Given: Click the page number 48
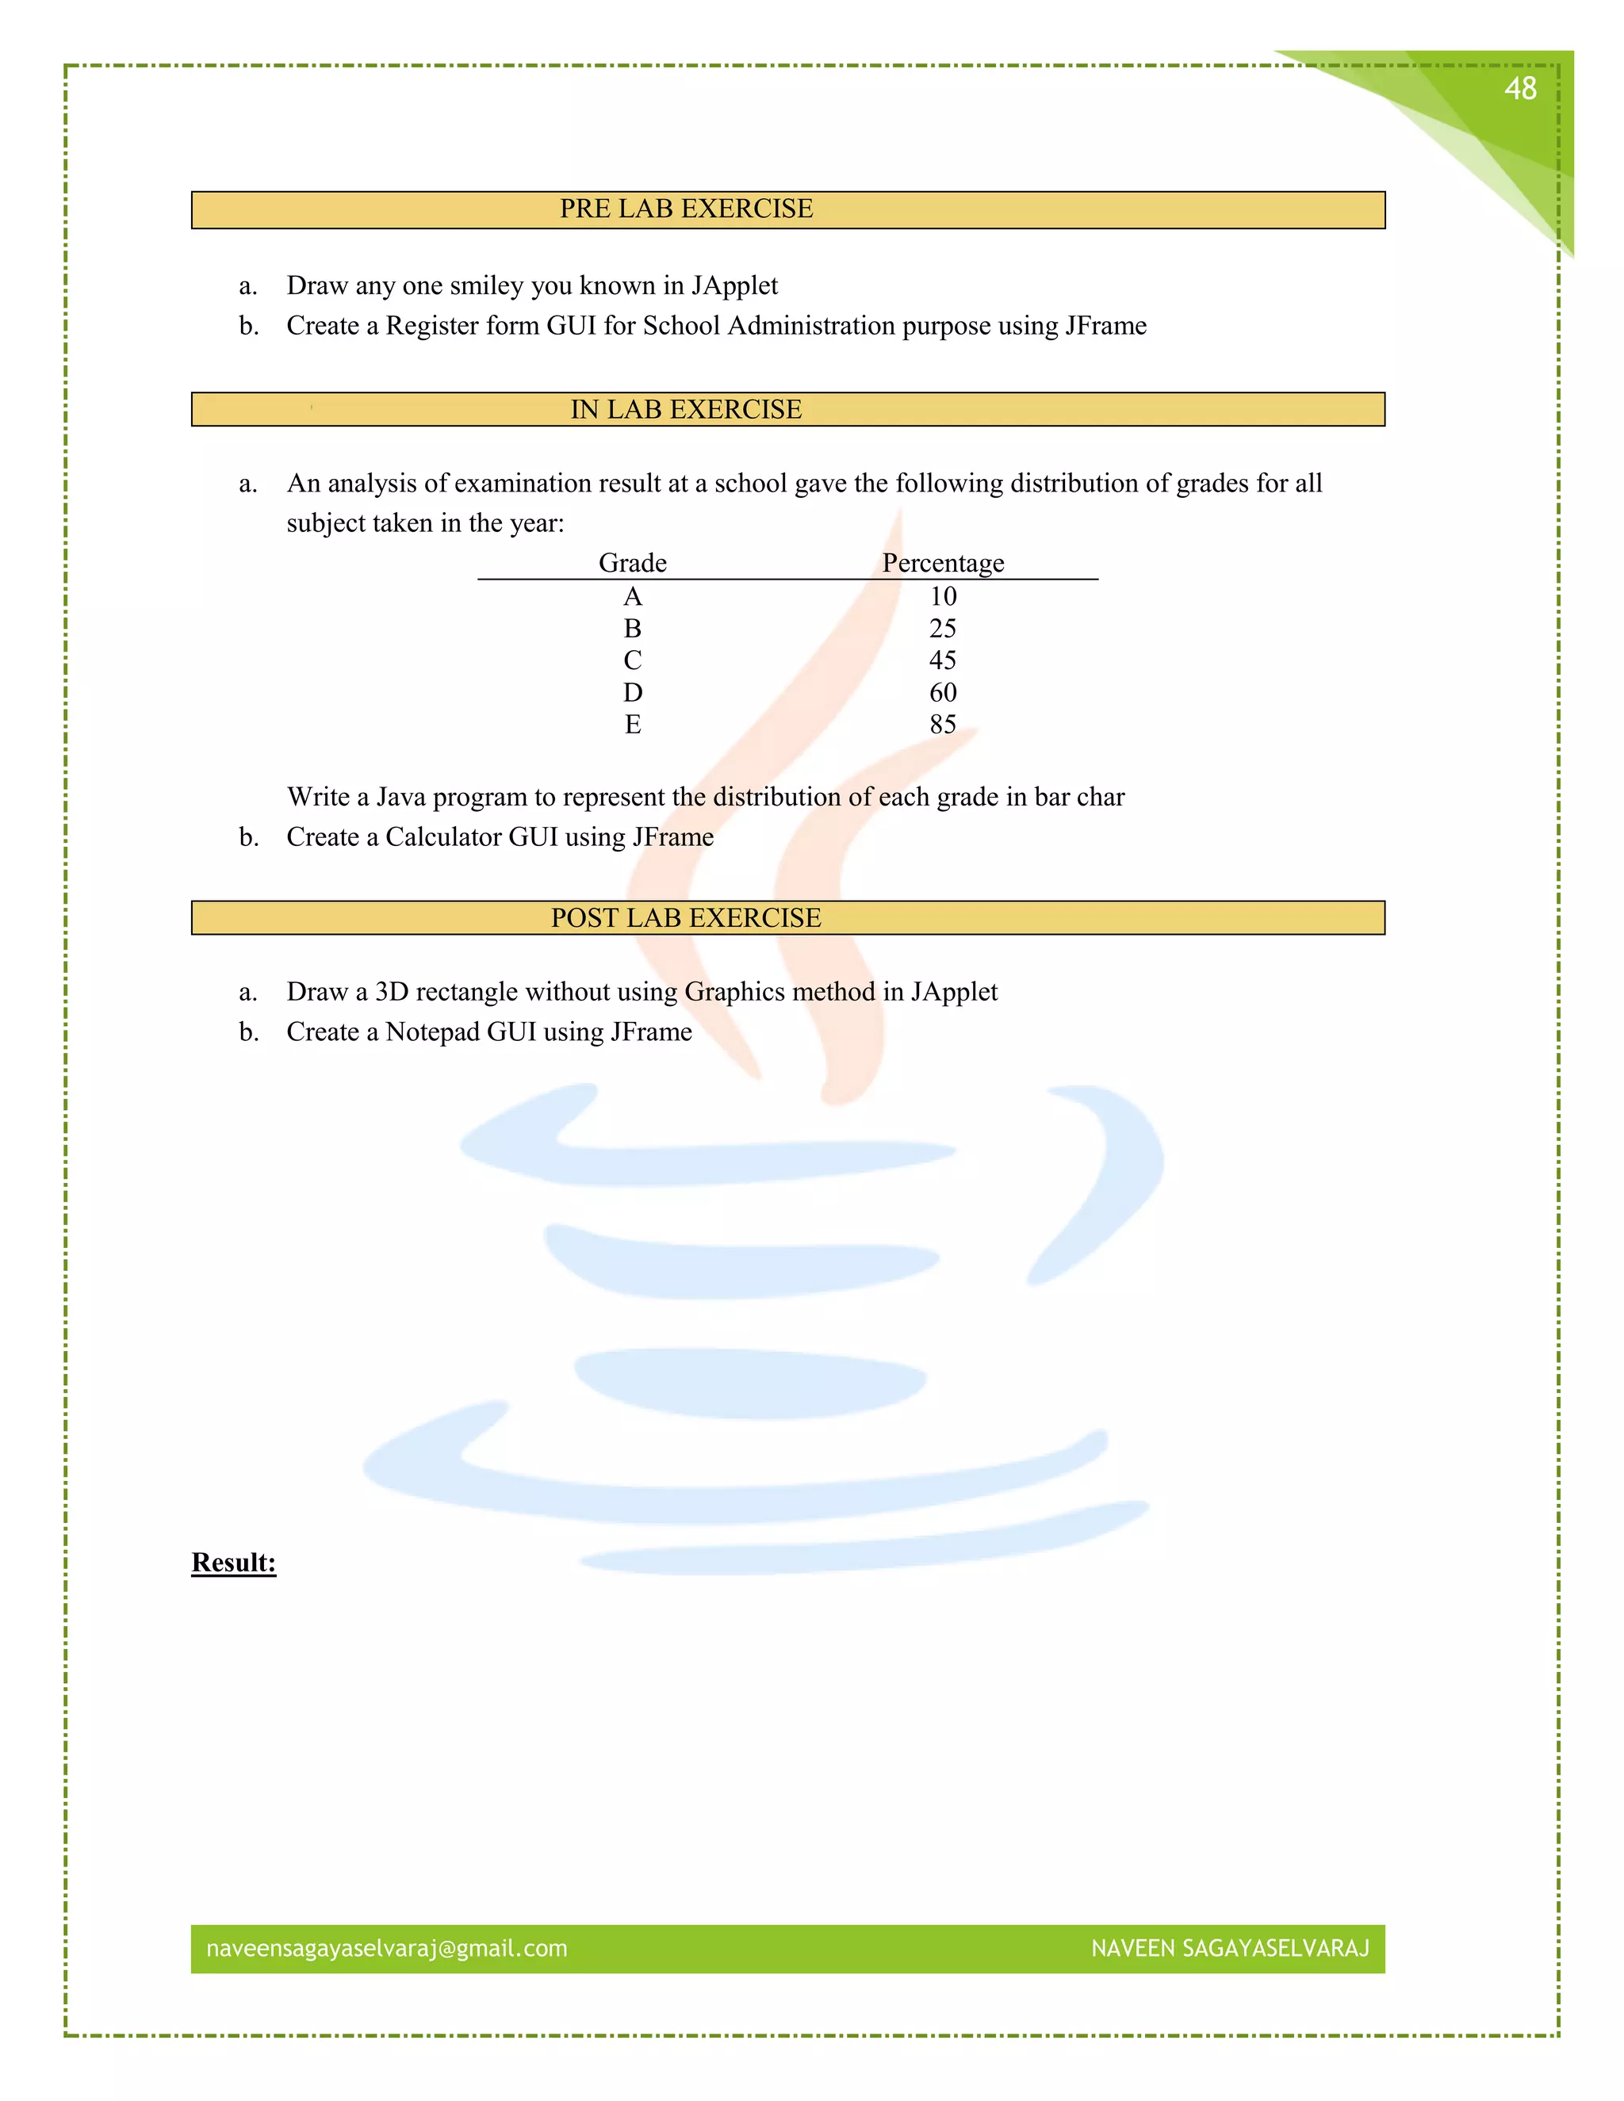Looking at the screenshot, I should (x=1520, y=90).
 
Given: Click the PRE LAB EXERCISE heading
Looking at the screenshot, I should (x=686, y=209).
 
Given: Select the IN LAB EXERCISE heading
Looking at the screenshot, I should (x=686, y=410).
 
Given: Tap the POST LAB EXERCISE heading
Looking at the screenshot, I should (x=686, y=918).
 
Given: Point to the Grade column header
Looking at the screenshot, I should (x=632, y=563).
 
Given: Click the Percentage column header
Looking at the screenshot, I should (x=943, y=563).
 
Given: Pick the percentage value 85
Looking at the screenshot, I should (x=943, y=725).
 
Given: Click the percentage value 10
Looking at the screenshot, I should (x=943, y=596).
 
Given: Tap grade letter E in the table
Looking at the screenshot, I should (x=632, y=725).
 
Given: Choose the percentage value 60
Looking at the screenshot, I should (x=943, y=693).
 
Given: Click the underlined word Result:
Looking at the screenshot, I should (x=234, y=1563).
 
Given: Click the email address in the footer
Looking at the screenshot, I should (x=387, y=1948).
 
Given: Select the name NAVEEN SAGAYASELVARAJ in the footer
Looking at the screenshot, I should (x=1230, y=1948).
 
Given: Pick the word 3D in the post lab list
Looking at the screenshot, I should (x=393, y=992).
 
